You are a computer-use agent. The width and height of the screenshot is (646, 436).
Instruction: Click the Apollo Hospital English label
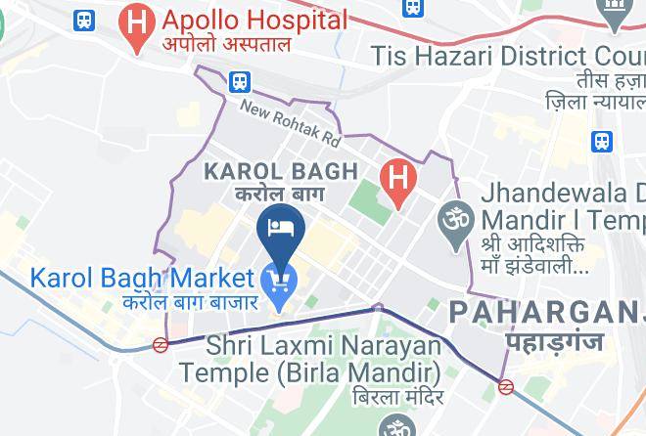254,20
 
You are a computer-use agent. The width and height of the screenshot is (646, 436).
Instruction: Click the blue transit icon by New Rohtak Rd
239,82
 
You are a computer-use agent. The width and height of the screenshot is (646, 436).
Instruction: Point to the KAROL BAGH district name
280,172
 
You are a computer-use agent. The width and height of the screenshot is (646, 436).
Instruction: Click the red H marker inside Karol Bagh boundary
397,179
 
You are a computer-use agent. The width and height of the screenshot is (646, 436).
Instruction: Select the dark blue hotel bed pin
282,230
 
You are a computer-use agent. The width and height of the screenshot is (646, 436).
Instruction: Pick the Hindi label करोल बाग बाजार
190,300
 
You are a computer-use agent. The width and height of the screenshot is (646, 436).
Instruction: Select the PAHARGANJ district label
546,313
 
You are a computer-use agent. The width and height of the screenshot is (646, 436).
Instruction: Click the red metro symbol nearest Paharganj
506,386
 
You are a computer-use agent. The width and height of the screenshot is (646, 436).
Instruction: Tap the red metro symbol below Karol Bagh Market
161,344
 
